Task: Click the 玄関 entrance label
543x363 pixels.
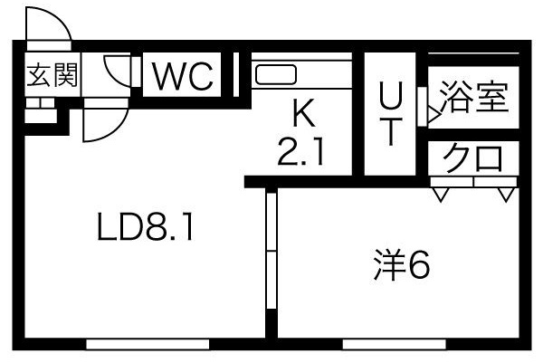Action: pos(52,74)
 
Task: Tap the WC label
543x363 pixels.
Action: pos(183,77)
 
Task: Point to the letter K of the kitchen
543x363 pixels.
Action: pos(303,112)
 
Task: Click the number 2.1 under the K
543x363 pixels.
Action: pos(301,151)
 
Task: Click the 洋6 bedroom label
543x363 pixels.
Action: pos(401,265)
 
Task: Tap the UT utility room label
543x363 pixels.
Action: pos(391,113)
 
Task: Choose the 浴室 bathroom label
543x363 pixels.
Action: pos(473,97)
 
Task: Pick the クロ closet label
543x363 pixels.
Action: pos(473,158)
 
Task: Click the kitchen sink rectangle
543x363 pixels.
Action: pos(276,75)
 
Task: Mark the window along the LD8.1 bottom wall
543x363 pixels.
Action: pos(148,344)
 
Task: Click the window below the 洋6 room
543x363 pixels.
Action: pos(394,344)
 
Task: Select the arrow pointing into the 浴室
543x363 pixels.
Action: pos(433,114)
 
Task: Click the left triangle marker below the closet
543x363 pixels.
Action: pos(441,195)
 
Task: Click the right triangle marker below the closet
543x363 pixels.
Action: pos(506,195)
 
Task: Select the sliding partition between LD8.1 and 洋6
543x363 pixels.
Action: pos(271,250)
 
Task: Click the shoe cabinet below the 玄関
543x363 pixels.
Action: pos(41,110)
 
